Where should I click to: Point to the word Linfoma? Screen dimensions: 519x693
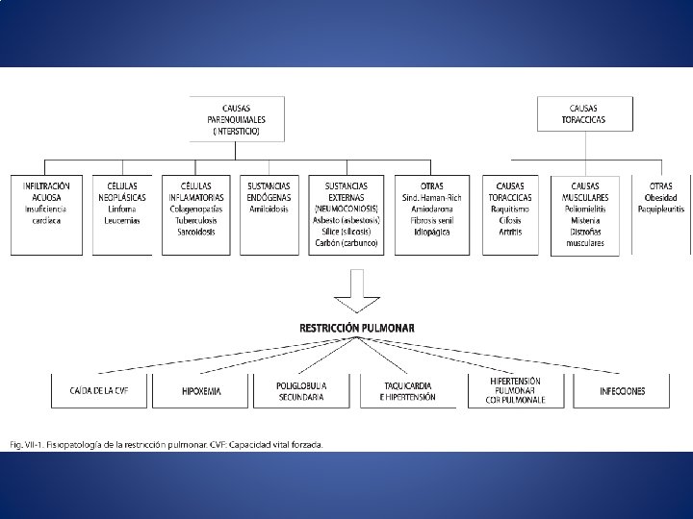121,209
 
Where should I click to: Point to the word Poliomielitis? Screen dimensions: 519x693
585,209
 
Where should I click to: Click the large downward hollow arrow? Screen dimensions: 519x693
356,289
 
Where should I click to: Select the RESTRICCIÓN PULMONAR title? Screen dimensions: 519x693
357,328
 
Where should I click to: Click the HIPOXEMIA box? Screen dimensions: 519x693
201,391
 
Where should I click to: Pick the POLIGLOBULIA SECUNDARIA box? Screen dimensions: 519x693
301,391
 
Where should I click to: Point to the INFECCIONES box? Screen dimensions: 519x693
623,391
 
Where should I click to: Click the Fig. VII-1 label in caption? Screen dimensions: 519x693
29,444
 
